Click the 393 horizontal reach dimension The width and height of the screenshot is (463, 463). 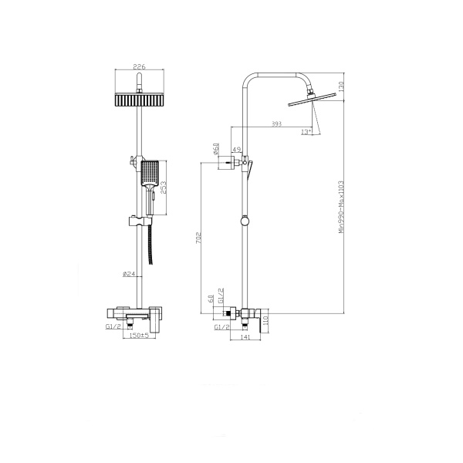tap(276, 123)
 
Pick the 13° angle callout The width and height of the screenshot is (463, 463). tap(306, 132)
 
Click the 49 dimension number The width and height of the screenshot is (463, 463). tap(237, 150)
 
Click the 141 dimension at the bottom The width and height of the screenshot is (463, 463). tap(246, 337)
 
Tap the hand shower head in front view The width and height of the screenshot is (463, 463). tap(150, 174)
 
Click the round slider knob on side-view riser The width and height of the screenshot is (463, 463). tap(245, 221)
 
